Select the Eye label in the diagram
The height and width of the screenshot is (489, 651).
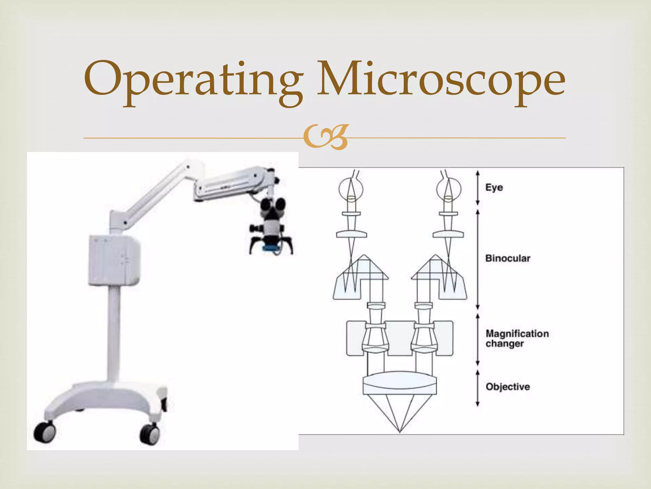494,188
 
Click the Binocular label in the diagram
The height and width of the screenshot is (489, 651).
508,258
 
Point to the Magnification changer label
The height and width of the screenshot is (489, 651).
517,338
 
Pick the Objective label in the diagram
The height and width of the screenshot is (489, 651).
508,387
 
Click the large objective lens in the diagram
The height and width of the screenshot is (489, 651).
400,383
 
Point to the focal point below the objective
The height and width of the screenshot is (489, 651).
400,432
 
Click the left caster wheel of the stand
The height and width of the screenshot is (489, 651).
45,432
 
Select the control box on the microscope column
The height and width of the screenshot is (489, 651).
114,260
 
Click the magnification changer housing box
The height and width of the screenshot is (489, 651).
400,338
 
